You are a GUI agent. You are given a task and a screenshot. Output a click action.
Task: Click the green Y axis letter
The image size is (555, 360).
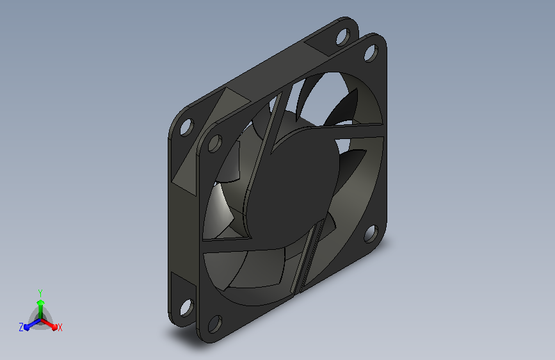pos(40,293)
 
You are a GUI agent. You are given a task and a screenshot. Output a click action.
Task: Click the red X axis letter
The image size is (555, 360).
pos(60,327)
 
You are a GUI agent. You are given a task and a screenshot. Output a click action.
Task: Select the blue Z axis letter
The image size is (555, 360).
pos(21,327)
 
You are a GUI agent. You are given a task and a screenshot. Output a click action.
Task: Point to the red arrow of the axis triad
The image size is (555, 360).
pos(49,324)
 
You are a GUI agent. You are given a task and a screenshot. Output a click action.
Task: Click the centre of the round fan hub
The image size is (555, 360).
pos(292,184)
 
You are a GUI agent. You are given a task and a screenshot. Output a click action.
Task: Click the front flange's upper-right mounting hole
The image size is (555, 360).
pos(371,53)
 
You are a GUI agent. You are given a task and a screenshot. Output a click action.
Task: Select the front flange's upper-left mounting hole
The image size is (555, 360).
pos(214,143)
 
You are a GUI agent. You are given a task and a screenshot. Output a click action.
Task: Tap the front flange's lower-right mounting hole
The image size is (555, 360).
pos(370,233)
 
